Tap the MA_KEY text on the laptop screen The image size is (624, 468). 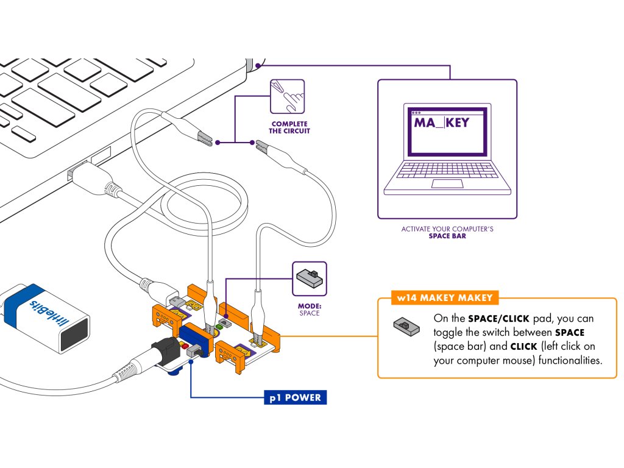tap(442, 122)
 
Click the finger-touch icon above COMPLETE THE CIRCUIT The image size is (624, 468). tap(287, 96)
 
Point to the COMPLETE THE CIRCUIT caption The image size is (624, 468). tap(290, 127)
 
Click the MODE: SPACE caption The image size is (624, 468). tap(309, 310)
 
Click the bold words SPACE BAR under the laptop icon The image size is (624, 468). tap(447, 236)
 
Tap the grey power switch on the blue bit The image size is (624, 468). tap(196, 352)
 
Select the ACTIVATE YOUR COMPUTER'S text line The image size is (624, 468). tap(447, 229)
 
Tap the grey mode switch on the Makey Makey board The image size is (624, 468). tap(224, 321)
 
